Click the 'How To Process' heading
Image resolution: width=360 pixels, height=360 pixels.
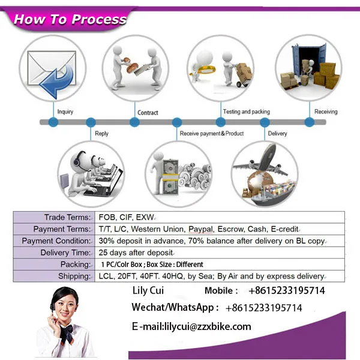(70, 19)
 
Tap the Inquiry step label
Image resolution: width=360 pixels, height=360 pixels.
(65, 112)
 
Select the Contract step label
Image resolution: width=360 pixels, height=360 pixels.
(148, 112)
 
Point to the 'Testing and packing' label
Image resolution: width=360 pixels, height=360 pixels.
(246, 112)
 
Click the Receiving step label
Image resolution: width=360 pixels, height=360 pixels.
(326, 112)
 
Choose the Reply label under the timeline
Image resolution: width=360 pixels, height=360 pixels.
(101, 133)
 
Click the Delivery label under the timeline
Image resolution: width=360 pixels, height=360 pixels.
(277, 133)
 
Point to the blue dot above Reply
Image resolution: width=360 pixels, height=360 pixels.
(93, 122)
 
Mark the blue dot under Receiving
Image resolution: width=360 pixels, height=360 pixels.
(310, 122)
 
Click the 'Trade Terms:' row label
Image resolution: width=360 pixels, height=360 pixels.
(67, 217)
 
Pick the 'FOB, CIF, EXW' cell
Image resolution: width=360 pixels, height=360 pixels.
(126, 217)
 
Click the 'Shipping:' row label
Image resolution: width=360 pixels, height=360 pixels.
(74, 276)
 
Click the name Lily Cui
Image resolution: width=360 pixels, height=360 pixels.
(147, 291)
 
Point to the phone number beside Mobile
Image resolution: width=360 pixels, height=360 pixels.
(286, 291)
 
